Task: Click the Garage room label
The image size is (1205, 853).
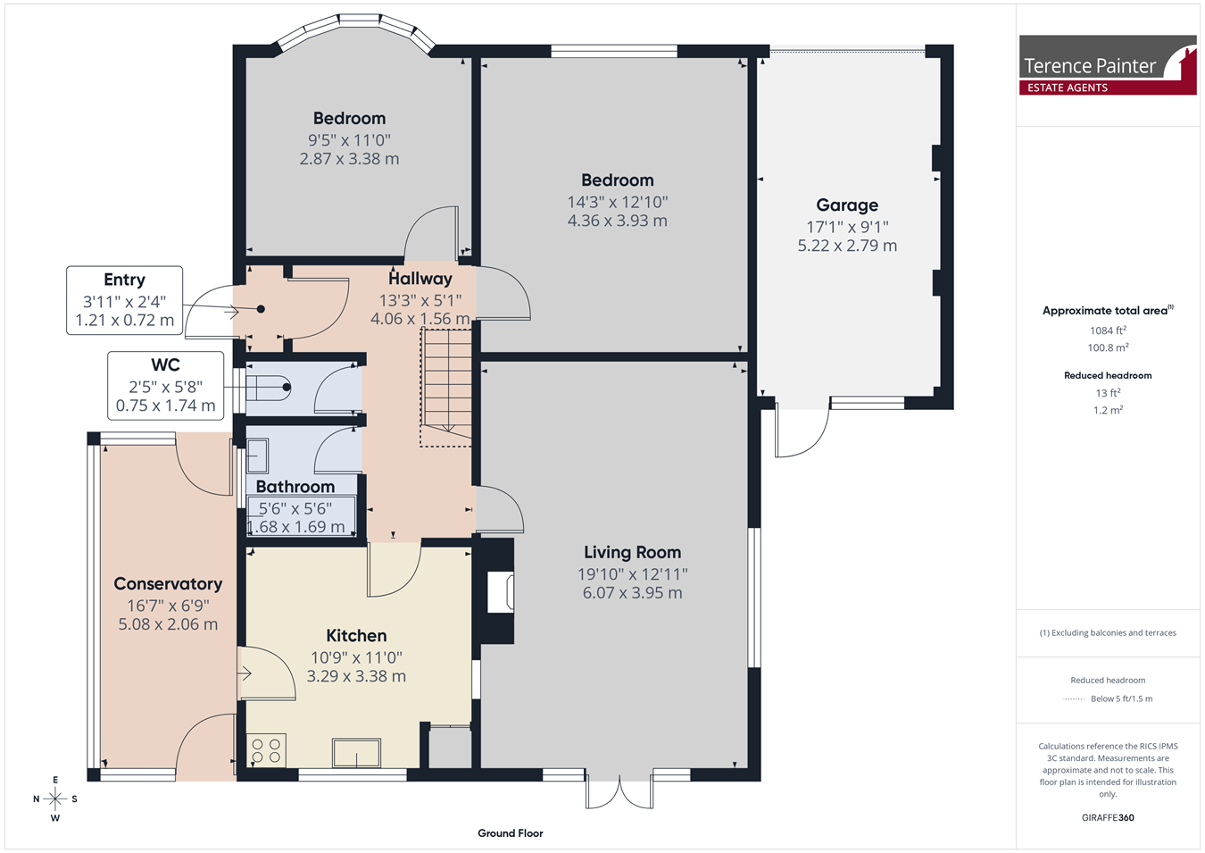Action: click(x=847, y=205)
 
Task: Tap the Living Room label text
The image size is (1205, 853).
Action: click(x=632, y=552)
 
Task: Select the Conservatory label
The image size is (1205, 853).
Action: click(x=168, y=584)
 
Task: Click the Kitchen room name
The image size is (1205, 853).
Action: click(x=356, y=636)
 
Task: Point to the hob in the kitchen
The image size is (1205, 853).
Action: click(x=266, y=751)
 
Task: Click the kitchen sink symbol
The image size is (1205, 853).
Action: click(x=356, y=753)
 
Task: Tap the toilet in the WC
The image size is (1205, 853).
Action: click(x=269, y=388)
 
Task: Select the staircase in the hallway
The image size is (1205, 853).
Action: click(x=446, y=388)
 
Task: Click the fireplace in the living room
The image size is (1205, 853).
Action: click(x=500, y=592)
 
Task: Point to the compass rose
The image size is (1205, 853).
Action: click(x=54, y=799)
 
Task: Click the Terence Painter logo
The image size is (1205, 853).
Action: click(x=1108, y=65)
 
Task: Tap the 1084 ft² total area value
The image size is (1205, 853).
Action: click(x=1108, y=330)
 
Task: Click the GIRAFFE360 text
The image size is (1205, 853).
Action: click(x=1108, y=817)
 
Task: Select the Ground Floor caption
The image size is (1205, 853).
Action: click(x=511, y=833)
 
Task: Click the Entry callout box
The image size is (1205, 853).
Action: click(x=124, y=300)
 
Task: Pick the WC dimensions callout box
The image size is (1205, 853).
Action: click(x=166, y=386)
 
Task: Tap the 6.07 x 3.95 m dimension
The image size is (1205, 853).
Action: click(x=633, y=593)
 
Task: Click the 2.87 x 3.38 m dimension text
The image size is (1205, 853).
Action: click(x=349, y=159)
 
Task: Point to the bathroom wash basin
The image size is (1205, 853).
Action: click(x=258, y=455)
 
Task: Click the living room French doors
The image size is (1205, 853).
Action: click(x=619, y=791)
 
